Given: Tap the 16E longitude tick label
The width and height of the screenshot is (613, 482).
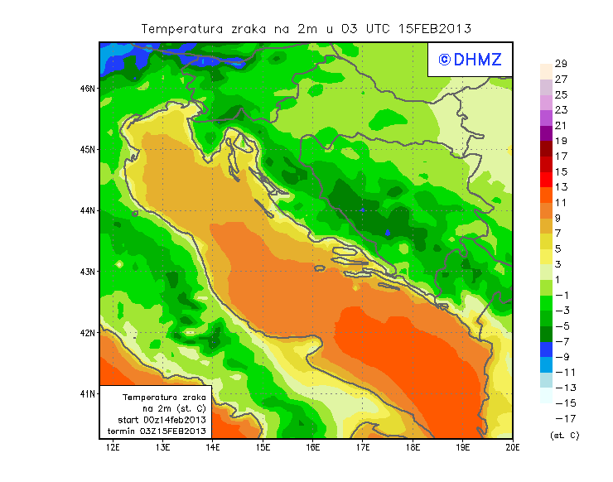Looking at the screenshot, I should click(313, 448).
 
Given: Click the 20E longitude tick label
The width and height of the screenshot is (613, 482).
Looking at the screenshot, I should click(513, 448).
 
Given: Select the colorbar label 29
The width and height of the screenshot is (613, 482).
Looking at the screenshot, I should click(561, 64).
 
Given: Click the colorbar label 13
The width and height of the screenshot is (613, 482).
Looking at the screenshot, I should click(561, 187).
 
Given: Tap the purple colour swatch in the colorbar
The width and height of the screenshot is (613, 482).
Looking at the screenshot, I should click(545, 133).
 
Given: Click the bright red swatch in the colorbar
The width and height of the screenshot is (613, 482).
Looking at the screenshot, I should click(545, 179).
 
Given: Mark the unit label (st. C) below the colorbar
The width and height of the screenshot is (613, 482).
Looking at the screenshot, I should click(565, 434).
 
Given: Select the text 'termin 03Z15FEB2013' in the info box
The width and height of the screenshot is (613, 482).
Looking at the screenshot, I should click(157, 431).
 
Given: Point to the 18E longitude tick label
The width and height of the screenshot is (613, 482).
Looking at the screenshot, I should click(413, 448).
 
